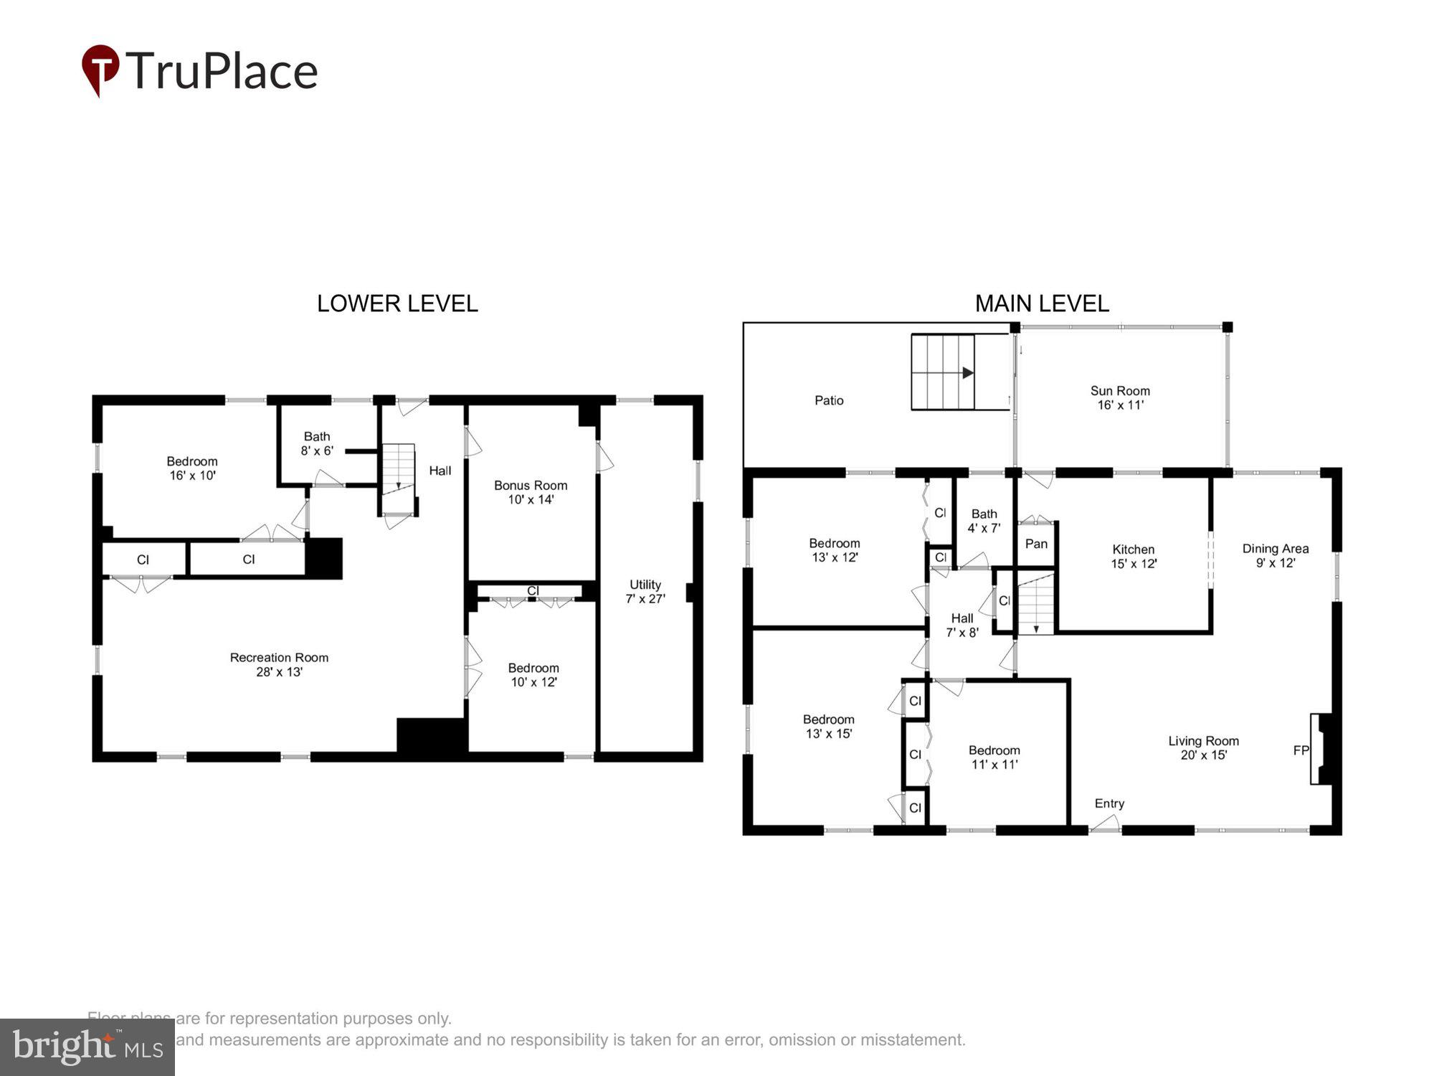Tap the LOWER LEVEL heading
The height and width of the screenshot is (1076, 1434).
click(397, 303)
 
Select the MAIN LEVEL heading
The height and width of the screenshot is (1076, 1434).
click(1041, 303)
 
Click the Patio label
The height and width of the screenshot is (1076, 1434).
click(829, 400)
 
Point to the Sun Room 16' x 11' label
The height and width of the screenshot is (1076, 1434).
click(1120, 397)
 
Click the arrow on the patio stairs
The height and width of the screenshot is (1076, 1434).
click(967, 373)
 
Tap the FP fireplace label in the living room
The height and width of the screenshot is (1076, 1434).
click(1301, 750)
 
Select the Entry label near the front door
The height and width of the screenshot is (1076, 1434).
click(1109, 803)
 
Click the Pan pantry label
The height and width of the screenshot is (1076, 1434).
click(1036, 544)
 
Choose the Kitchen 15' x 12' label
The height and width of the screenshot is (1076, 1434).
click(1134, 557)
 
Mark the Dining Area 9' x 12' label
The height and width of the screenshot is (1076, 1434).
click(1276, 555)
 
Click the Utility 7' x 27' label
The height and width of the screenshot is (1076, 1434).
click(645, 592)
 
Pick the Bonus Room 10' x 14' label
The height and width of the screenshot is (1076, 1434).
click(531, 492)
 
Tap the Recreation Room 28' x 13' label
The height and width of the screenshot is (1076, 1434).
click(279, 664)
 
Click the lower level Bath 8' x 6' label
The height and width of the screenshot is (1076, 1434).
click(317, 443)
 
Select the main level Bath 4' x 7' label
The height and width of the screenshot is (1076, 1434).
click(984, 521)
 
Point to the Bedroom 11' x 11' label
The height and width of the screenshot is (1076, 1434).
click(994, 757)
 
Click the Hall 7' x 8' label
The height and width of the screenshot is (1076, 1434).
click(962, 625)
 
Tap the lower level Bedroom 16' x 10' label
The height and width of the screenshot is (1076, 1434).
click(192, 468)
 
